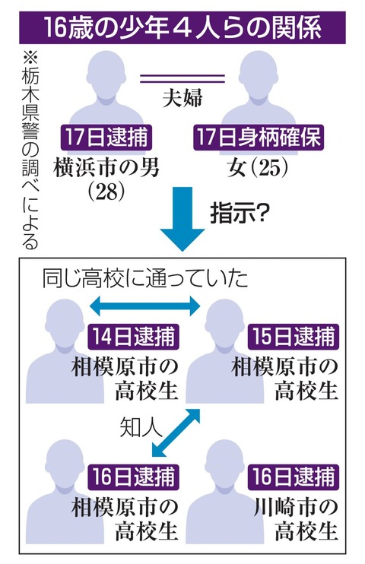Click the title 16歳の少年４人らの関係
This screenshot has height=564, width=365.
coord(182,28)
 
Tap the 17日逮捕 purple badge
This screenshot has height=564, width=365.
coord(106,138)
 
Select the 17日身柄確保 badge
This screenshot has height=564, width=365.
coord(259,138)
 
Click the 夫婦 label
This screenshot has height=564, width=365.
coord(182,97)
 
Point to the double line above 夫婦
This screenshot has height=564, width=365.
coord(182,79)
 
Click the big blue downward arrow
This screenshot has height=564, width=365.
coord(182,219)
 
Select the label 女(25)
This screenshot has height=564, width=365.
coord(258,168)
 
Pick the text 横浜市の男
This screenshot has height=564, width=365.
coord(106,168)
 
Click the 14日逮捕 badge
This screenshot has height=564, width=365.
coord(133,337)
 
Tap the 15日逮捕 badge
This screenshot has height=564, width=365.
coord(294,337)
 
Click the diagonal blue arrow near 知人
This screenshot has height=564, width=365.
coord(176,433)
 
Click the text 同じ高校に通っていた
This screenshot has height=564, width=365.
coord(145,278)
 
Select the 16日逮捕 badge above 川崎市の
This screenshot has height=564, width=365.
coord(294,477)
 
